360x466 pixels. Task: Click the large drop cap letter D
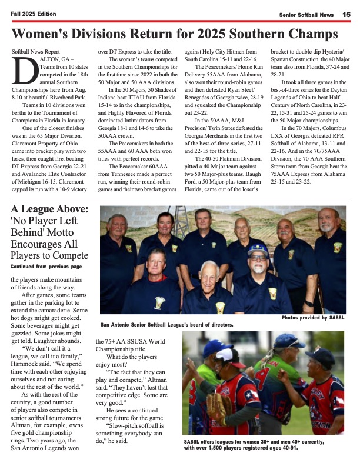(x=22, y=74)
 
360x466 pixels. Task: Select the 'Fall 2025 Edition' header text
(x=32, y=14)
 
